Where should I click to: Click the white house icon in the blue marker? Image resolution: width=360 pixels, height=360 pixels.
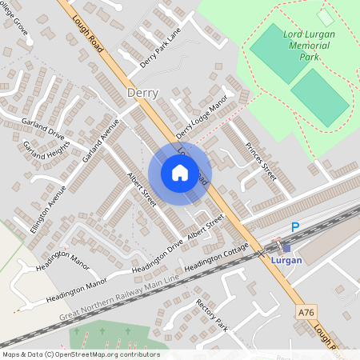(180, 172)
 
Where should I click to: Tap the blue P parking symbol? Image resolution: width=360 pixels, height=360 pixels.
(294, 228)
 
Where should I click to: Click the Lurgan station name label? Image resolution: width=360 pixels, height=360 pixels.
(286, 261)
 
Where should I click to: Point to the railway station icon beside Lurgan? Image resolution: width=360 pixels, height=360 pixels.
(286, 248)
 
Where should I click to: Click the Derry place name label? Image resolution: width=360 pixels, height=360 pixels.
(142, 94)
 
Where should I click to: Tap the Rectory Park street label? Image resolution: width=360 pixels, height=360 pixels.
(212, 315)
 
